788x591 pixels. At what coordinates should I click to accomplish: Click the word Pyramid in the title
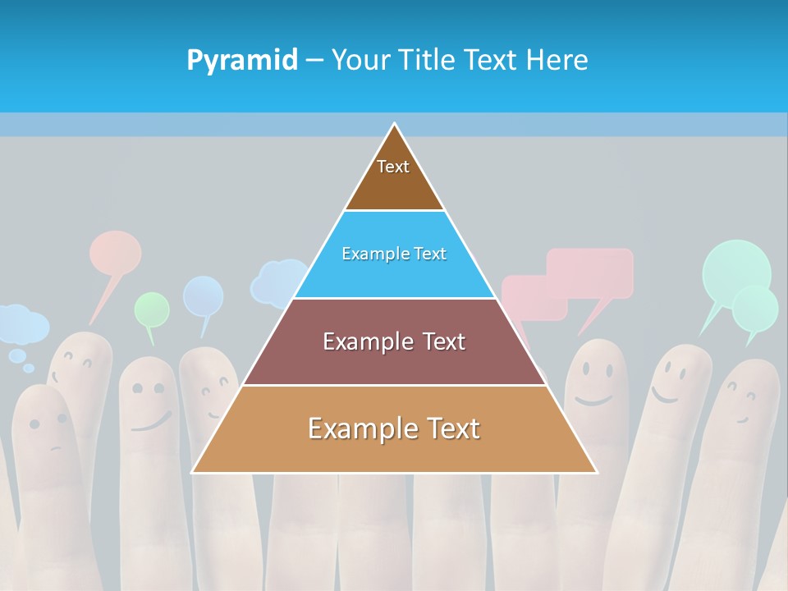(x=242, y=61)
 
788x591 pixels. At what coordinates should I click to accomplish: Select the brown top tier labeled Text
(x=394, y=176)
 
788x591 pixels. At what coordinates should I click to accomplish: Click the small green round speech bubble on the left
(x=152, y=309)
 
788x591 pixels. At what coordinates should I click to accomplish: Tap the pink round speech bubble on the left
(x=115, y=253)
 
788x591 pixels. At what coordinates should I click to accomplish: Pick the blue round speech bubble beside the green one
(x=203, y=296)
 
